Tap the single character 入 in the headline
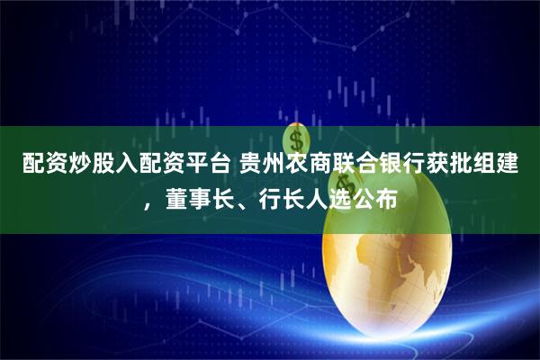point(123,165)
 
